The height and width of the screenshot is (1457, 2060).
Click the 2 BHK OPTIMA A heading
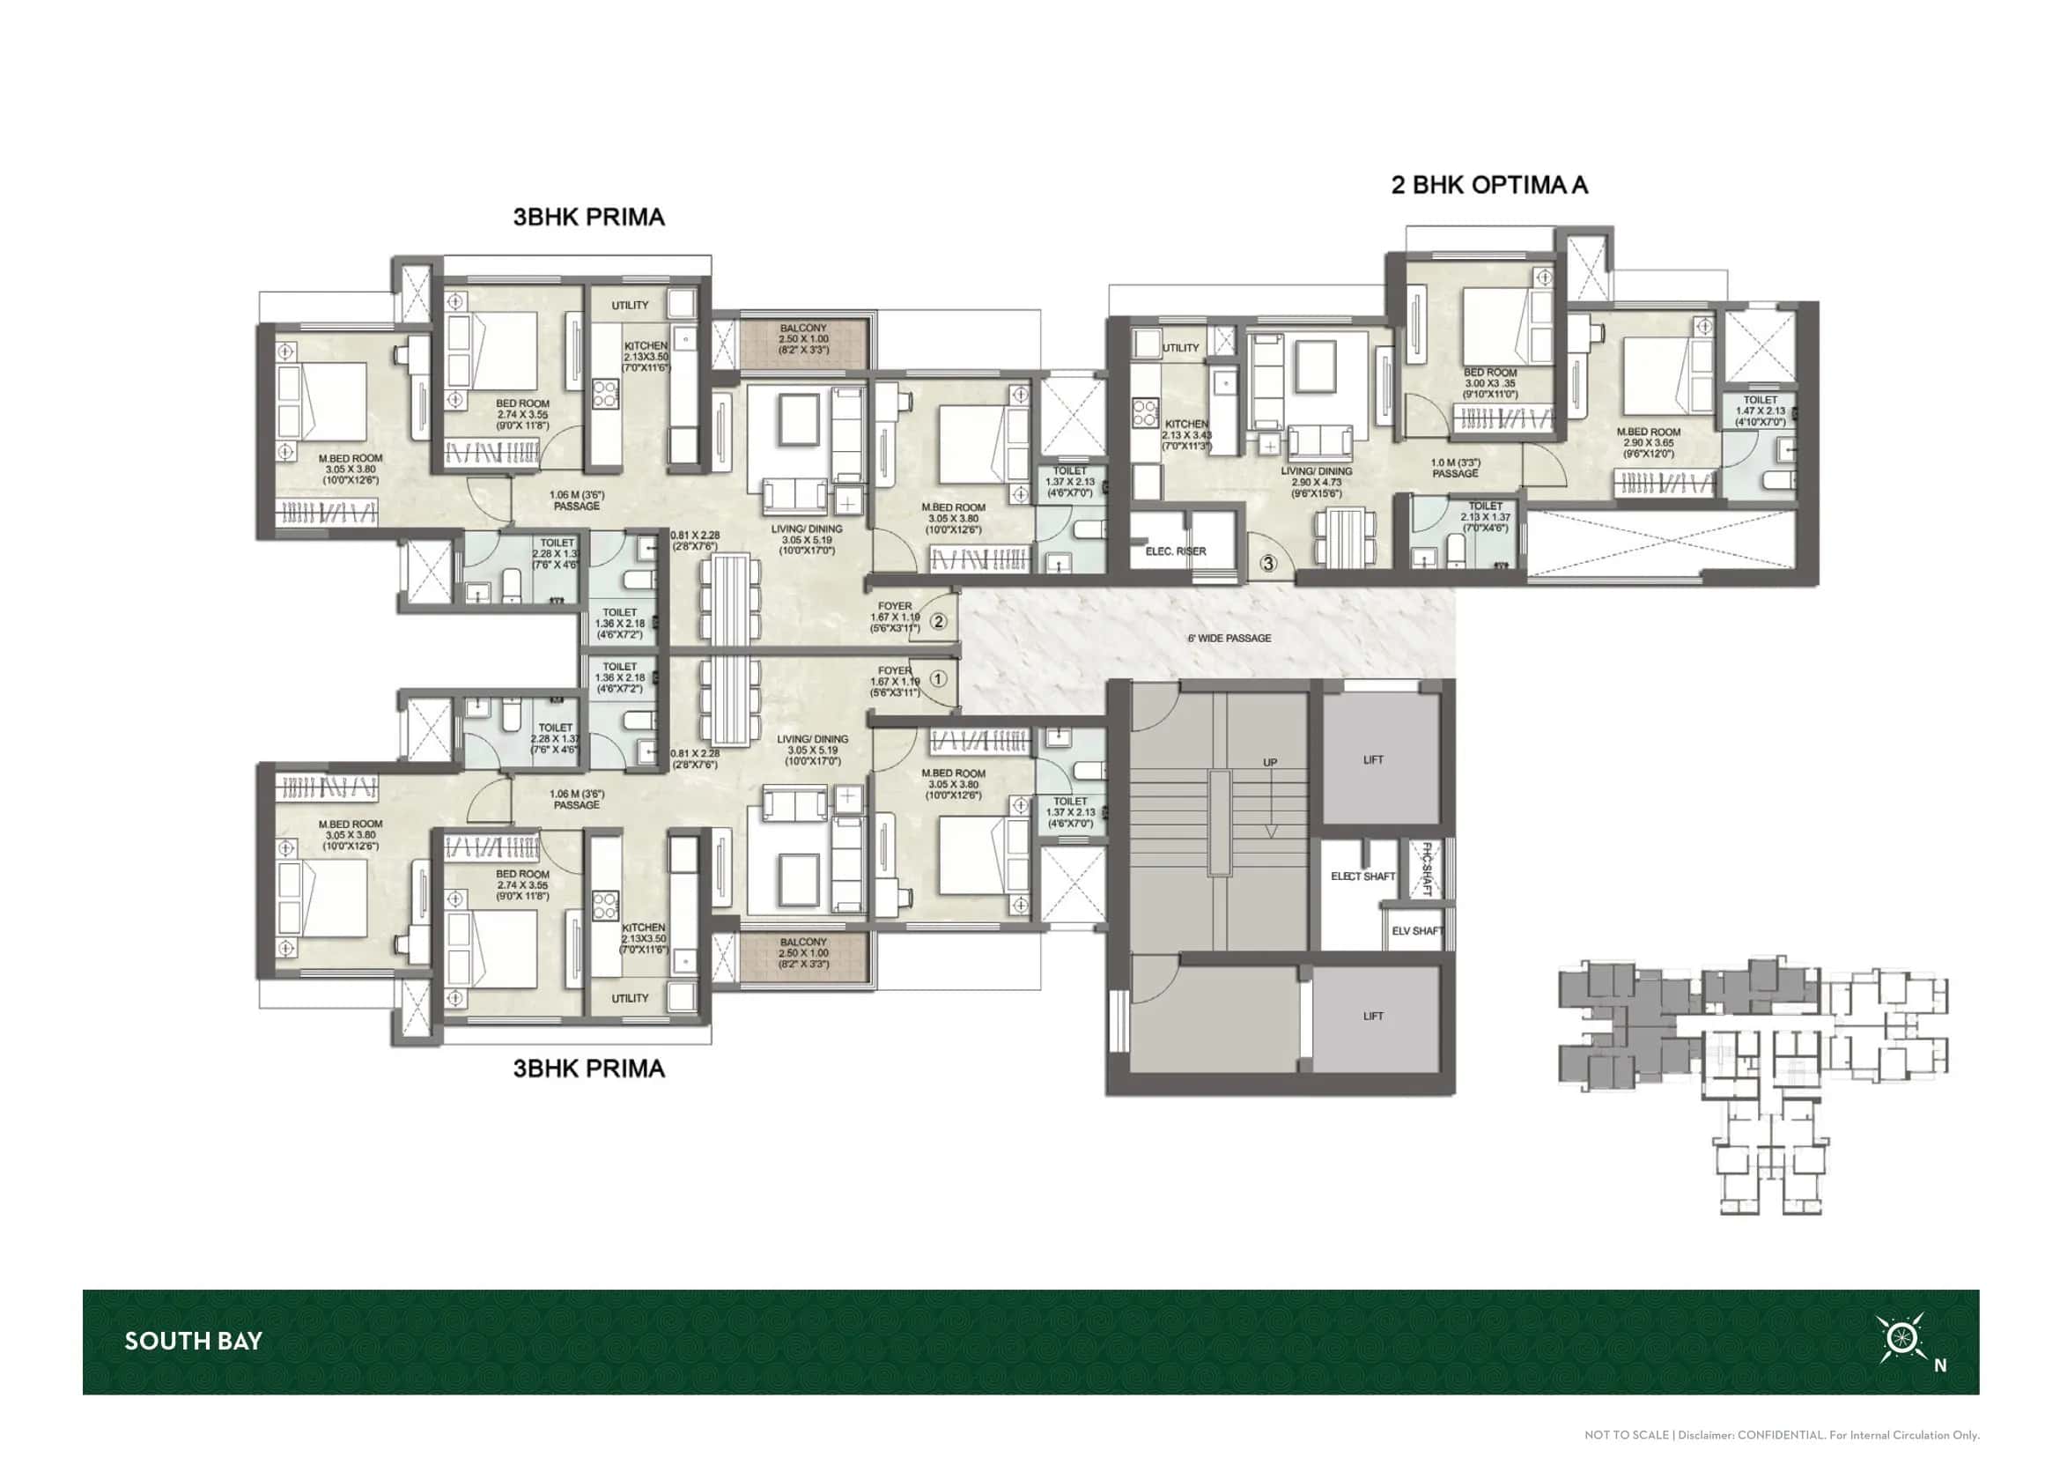1488,185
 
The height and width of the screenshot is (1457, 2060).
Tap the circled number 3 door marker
1267,564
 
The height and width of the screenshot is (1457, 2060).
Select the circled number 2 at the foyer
939,621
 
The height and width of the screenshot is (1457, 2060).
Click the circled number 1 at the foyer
938,679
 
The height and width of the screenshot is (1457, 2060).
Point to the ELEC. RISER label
1176,551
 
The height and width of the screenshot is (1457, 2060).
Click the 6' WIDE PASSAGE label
1229,638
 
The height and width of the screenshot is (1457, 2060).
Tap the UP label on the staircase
1270,763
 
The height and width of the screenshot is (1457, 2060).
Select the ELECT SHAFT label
1362,876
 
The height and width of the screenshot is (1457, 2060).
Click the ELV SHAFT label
1417,930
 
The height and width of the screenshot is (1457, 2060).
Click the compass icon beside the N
1901,1338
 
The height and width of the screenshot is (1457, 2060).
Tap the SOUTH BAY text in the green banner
193,1342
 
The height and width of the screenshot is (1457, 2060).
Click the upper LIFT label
1373,759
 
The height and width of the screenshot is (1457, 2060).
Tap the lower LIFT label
1373,1016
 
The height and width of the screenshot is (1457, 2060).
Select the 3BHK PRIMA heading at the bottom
588,1069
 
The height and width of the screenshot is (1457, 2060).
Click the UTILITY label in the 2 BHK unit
1180,347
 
